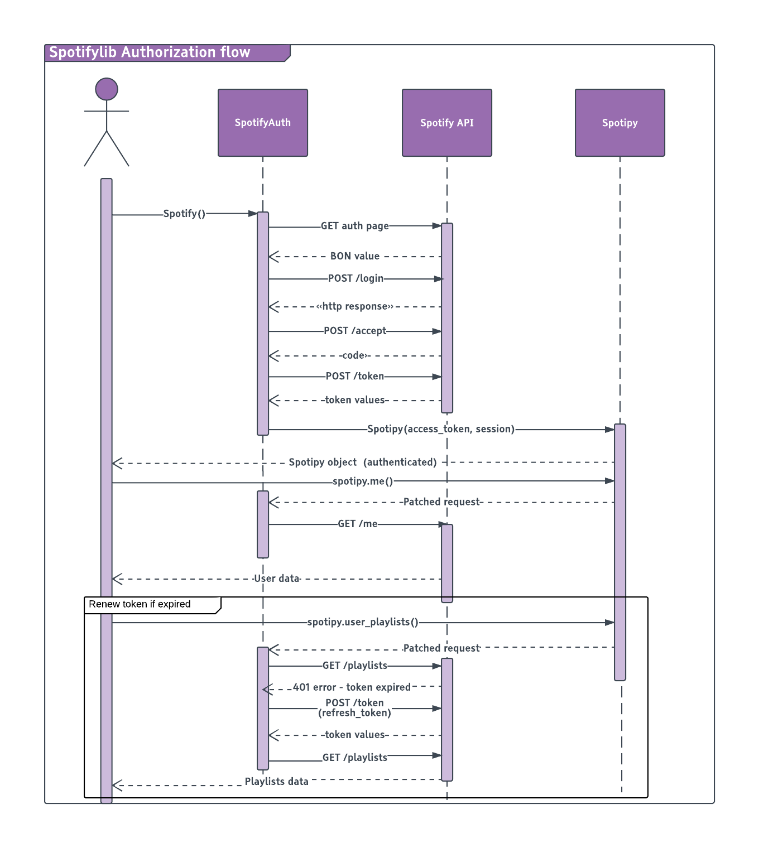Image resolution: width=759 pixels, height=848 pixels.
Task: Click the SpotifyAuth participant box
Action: [262, 123]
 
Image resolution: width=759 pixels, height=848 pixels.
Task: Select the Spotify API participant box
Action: [446, 123]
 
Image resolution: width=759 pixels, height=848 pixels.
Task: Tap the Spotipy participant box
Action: [619, 123]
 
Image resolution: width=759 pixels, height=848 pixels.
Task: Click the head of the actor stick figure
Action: [107, 89]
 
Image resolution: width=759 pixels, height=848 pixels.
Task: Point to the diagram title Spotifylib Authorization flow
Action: [150, 52]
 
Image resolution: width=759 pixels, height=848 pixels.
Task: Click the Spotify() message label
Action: [184, 214]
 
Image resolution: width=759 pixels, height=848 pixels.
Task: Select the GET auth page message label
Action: [354, 226]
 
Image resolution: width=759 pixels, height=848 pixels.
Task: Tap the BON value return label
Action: [354, 256]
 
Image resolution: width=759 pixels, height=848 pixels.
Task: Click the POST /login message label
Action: [356, 278]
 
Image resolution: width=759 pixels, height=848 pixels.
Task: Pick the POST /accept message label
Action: [355, 331]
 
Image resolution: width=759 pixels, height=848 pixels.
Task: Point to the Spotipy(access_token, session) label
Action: [441, 429]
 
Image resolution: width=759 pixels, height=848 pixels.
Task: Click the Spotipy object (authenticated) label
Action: [363, 462]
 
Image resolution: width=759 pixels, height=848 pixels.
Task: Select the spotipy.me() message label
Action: [363, 481]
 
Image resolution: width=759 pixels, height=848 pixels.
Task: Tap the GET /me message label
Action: [358, 524]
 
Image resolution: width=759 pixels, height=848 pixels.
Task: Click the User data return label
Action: [277, 579]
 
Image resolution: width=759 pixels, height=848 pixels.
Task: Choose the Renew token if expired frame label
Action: [140, 604]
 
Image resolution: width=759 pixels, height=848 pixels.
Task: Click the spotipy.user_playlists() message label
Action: [363, 622]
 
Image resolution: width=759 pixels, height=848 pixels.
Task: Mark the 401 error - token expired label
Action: [352, 687]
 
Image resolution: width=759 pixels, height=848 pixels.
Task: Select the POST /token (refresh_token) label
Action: [354, 708]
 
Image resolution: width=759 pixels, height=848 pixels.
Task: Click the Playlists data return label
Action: [277, 782]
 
